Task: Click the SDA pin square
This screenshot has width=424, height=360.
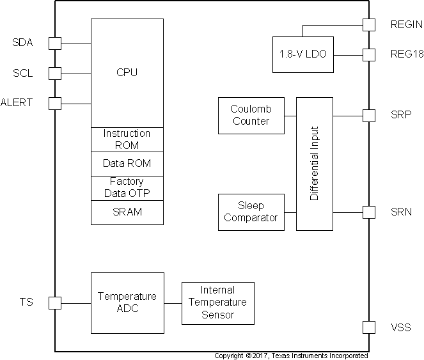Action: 55,43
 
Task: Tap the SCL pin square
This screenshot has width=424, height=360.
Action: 55,73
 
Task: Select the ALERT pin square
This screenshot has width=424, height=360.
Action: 55,103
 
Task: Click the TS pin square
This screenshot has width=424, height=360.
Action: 55,302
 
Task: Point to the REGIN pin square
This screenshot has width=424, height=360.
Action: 369,25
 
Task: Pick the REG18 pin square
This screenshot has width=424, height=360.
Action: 369,55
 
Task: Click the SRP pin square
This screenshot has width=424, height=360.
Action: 369,116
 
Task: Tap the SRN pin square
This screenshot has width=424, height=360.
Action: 369,212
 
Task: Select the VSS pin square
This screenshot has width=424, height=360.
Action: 369,327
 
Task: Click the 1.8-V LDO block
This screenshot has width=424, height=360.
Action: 302,55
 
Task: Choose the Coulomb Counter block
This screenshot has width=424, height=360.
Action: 251,116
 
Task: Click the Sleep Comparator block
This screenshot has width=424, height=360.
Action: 251,212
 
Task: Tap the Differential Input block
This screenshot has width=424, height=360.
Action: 314,164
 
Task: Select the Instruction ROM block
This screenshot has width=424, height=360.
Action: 127,139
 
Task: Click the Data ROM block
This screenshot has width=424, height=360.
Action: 127,164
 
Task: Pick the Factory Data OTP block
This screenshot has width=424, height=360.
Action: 127,188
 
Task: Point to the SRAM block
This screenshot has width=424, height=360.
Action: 127,212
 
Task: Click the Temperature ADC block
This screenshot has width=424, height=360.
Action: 127,302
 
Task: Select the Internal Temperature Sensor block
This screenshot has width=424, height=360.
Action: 217,302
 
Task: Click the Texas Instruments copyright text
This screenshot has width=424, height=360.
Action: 291,356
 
